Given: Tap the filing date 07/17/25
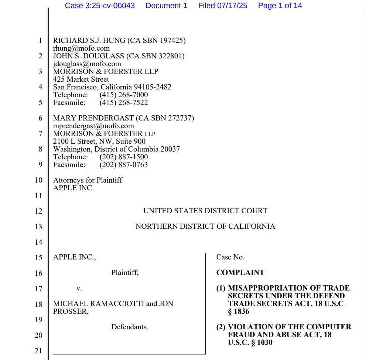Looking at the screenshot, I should tap(236, 6).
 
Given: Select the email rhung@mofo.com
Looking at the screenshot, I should tap(81, 48).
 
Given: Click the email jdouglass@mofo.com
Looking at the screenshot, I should tap(87, 64).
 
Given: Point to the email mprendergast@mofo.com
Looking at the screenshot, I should tap(93, 126).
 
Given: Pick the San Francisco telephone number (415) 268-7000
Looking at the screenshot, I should tap(123, 95).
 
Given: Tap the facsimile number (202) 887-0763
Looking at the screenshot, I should tap(123, 165).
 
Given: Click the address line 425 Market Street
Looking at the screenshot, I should tap(81, 79).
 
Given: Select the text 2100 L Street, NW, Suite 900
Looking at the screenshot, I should tap(99, 142).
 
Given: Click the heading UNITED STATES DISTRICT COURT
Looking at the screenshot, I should tap(205, 211).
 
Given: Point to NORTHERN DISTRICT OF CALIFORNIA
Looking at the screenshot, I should tap(205, 227).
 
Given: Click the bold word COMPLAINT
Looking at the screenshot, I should tap(240, 273).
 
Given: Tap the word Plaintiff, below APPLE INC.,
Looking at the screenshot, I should tap(125, 273).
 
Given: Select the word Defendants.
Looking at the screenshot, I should tap(130, 327).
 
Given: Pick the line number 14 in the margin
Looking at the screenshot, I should tap(38, 242).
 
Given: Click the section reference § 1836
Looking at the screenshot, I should tap(239, 312).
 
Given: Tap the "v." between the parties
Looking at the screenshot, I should tap(79, 288).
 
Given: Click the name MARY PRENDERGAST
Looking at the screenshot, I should tap(93, 118).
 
